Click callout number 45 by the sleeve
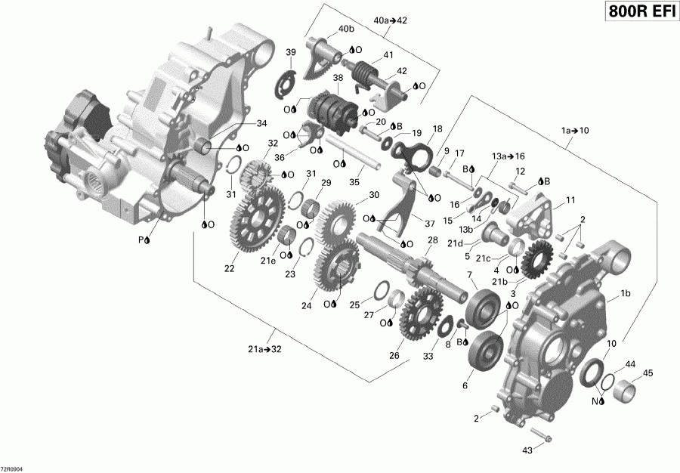pos(648,373)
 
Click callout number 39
pos(291,51)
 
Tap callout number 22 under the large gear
pos(228,268)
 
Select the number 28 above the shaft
pos(433,240)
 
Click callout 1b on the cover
pos(626,293)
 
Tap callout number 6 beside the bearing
pos(465,385)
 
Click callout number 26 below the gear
pos(395,356)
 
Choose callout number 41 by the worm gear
pos(388,55)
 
